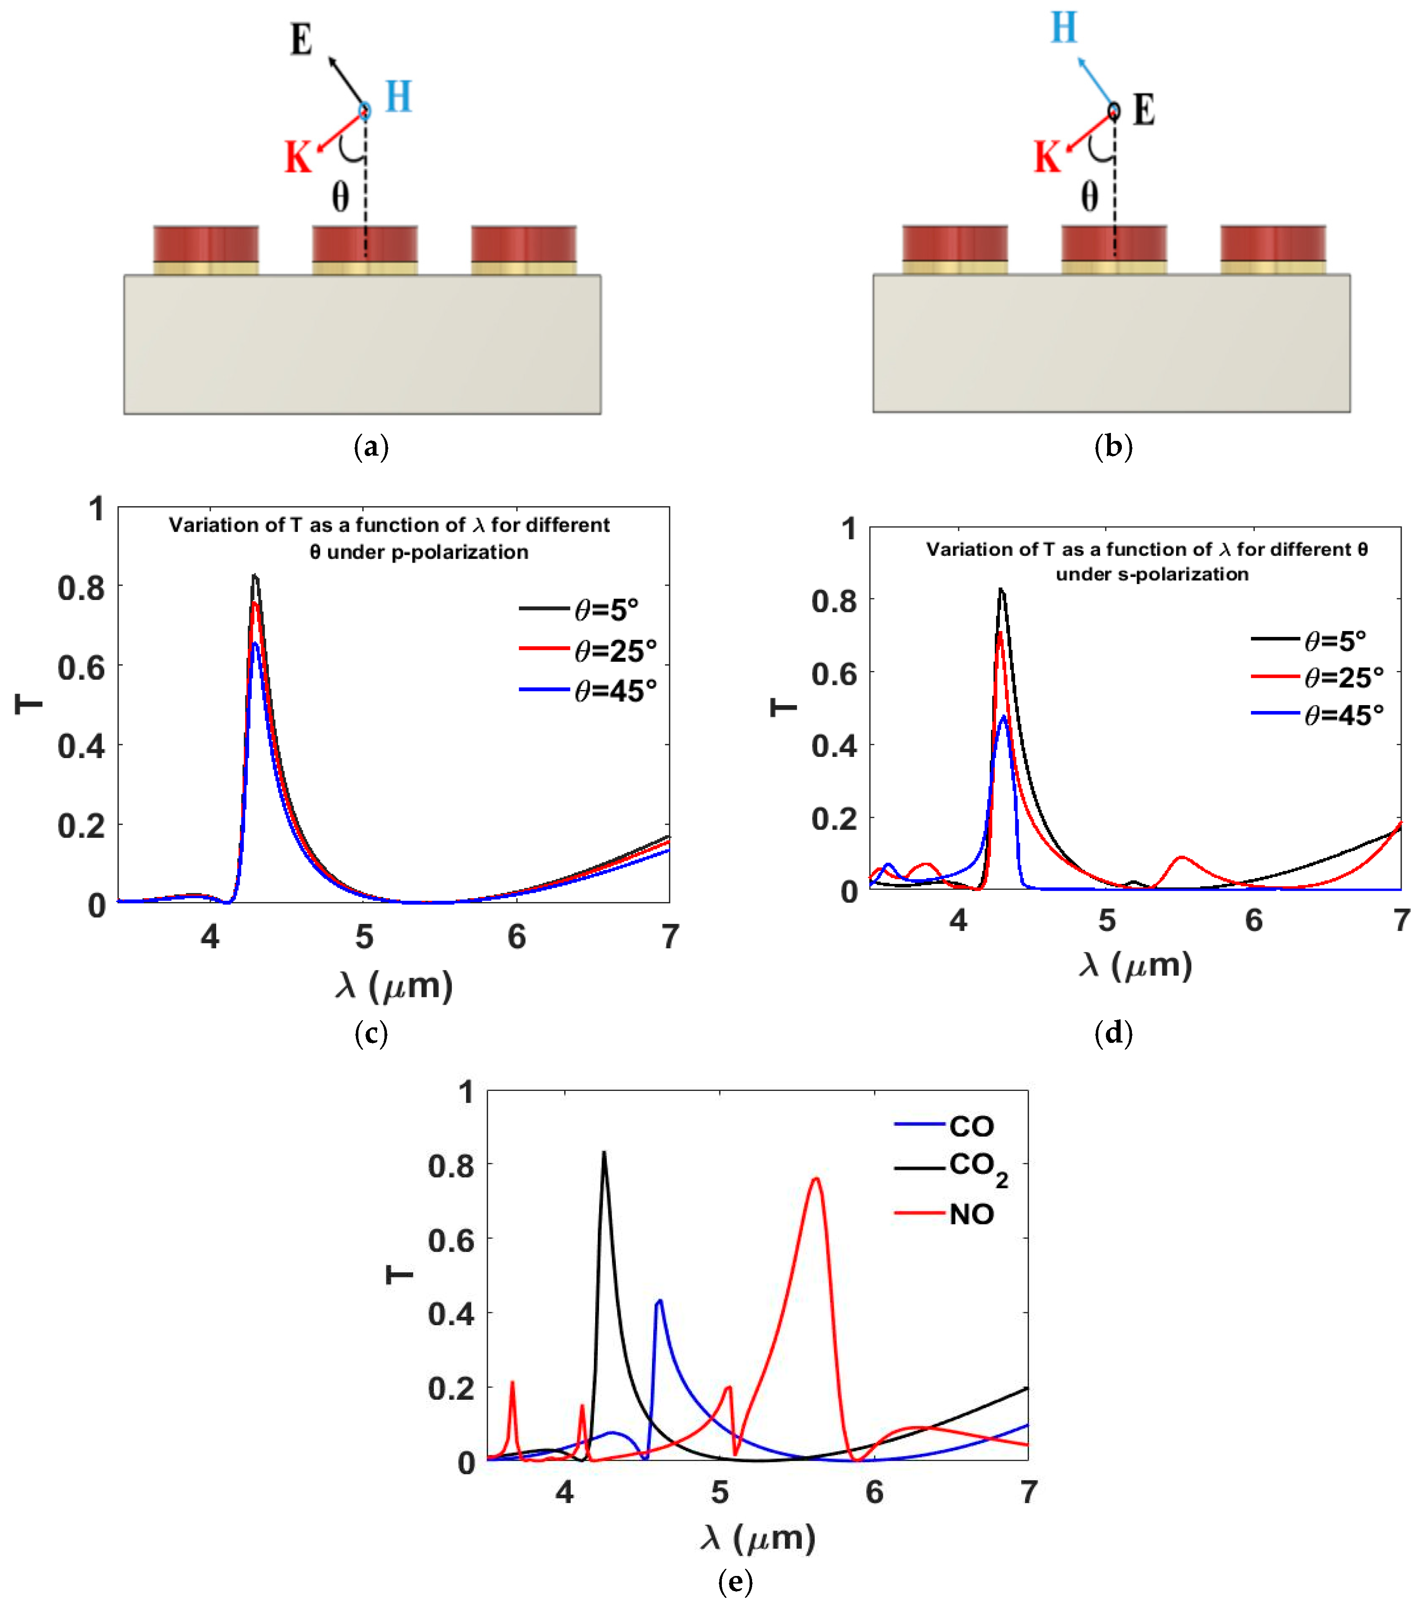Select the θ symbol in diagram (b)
click(x=1089, y=196)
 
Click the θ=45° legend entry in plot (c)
click(x=589, y=691)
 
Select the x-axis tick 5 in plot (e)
click(x=719, y=1492)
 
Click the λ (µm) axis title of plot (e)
click(x=758, y=1537)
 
